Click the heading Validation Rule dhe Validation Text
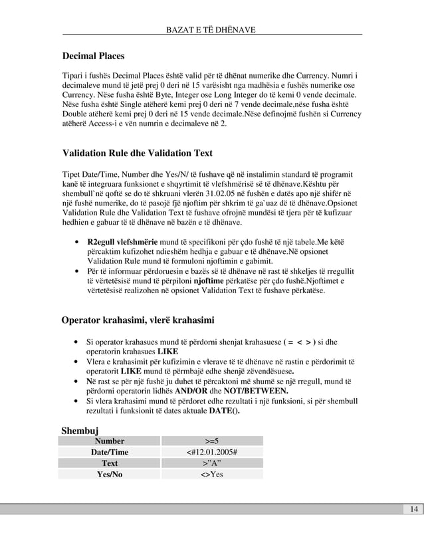coord(137,154)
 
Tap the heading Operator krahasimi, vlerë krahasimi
coord(138,321)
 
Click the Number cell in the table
coord(109,441)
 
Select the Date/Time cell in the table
coord(109,452)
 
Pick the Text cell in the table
coord(109,463)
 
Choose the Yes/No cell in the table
coord(109,475)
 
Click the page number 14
coord(413,509)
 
